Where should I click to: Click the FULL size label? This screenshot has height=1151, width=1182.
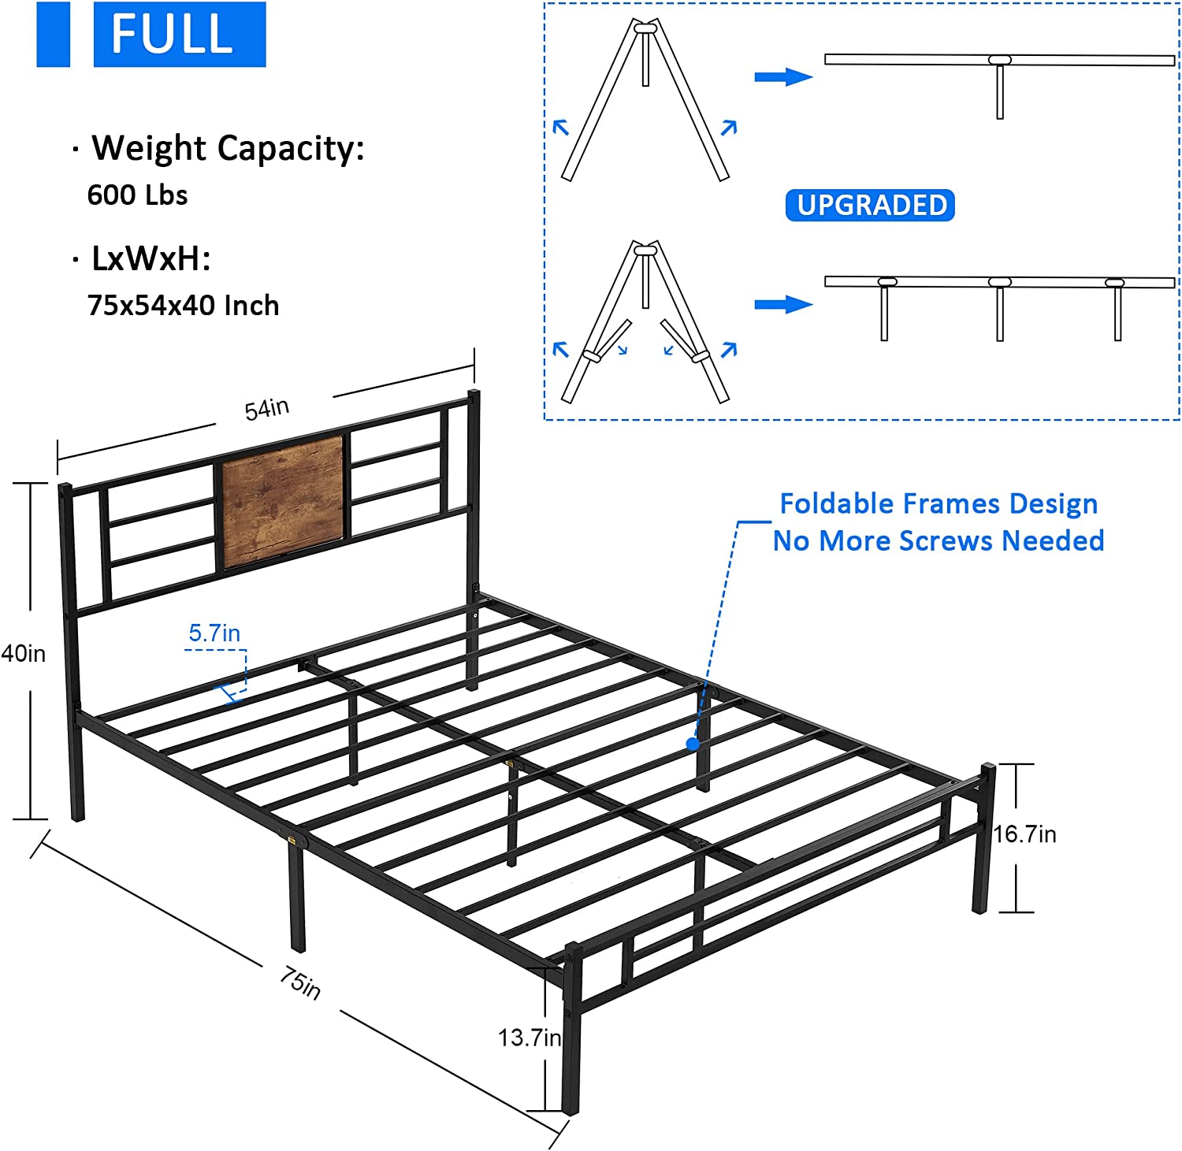(179, 35)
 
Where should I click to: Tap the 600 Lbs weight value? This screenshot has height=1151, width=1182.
(137, 195)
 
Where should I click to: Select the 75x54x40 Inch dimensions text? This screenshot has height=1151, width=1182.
(183, 305)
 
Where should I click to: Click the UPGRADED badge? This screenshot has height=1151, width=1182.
(870, 205)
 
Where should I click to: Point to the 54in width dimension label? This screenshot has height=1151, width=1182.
(266, 409)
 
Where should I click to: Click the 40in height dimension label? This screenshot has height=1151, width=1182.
(24, 653)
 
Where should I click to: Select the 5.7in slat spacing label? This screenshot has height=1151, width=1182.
(214, 633)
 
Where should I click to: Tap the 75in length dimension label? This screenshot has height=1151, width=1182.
(300, 982)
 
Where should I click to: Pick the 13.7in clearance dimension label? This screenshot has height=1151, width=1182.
(529, 1038)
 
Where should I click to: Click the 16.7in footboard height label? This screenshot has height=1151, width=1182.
(1024, 834)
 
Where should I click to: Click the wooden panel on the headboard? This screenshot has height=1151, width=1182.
(282, 499)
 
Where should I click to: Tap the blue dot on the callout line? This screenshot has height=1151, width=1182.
(693, 743)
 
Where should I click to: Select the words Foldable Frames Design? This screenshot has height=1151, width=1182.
(939, 503)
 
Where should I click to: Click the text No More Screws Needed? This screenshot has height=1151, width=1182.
(939, 540)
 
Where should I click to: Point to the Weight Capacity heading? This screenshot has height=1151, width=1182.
(228, 148)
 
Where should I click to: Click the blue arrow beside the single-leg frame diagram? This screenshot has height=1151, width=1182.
(783, 76)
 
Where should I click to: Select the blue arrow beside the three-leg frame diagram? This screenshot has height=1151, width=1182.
(783, 304)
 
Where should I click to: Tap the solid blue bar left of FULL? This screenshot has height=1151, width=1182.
(53, 35)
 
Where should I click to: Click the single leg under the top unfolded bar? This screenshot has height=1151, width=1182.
(1000, 91)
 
